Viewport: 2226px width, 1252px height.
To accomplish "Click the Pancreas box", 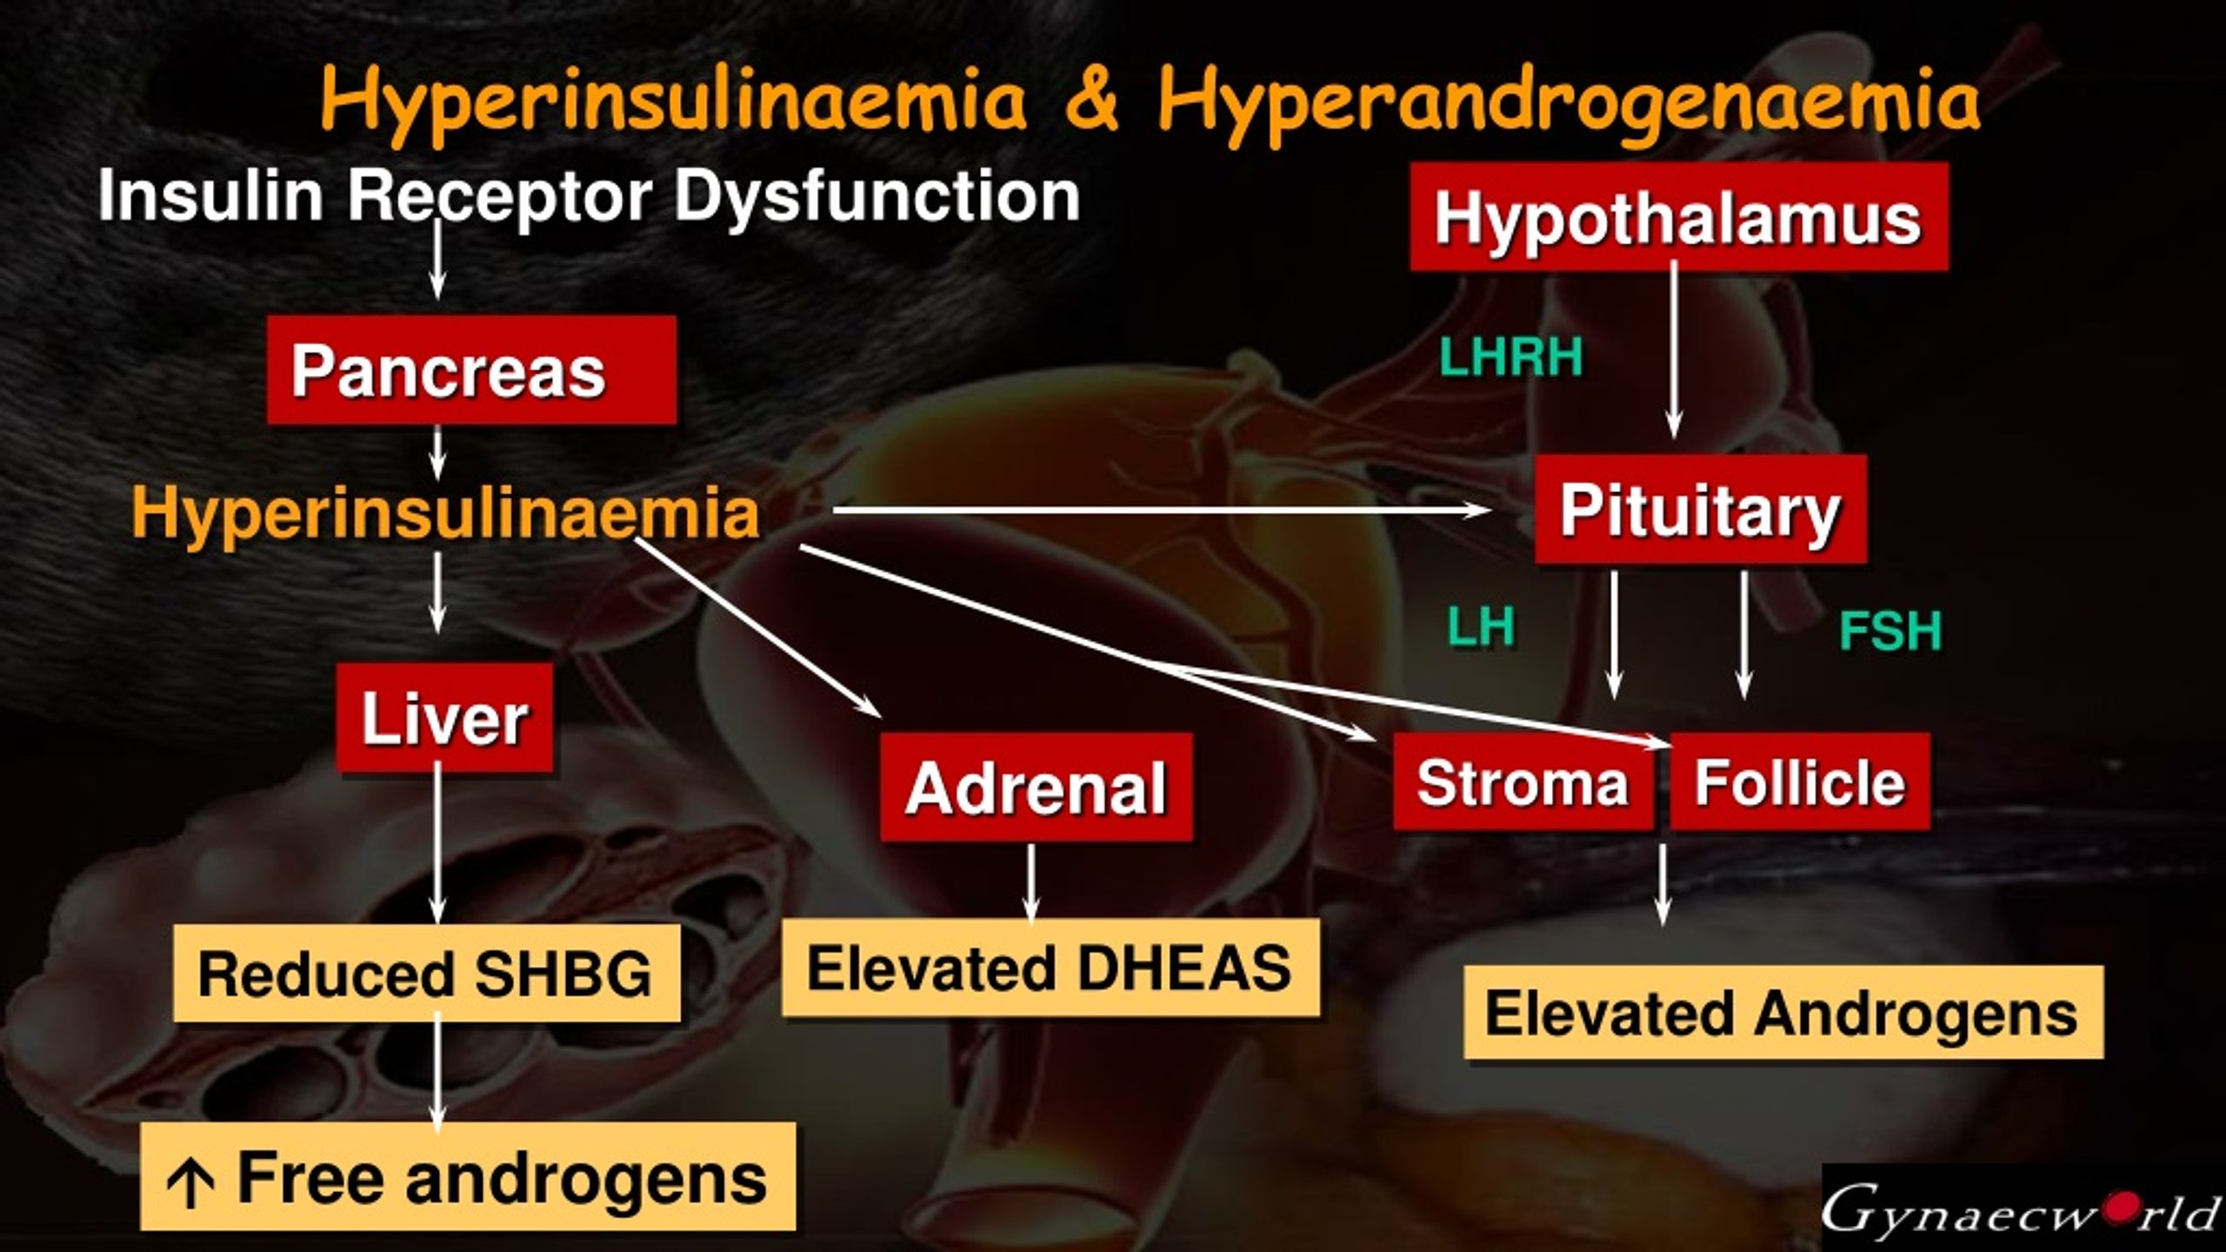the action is (x=471, y=370).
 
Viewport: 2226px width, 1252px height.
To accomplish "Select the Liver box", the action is (x=444, y=717).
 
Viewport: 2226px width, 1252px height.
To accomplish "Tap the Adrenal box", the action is (x=1036, y=787).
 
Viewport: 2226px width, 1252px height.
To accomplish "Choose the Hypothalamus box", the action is (x=1679, y=216).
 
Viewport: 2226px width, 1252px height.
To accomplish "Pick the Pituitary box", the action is (x=1701, y=509).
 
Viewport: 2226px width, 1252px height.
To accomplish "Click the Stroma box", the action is (x=1523, y=781).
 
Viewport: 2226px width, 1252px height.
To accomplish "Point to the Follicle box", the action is (x=1800, y=781).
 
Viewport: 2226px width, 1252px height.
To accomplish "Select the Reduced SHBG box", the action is (x=427, y=973).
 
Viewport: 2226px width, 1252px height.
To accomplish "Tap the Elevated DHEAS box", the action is (x=1050, y=968).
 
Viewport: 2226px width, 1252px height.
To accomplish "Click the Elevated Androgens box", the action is (x=1783, y=1012).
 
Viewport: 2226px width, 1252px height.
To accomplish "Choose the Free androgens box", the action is (x=468, y=1176).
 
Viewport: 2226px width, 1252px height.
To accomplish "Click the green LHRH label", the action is (x=1511, y=357).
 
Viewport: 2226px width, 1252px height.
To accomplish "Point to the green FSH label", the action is (x=1890, y=631).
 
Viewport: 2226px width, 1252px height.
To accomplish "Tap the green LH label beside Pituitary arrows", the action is (x=1481, y=626).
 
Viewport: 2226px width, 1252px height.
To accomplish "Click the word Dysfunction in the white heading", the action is (x=877, y=196).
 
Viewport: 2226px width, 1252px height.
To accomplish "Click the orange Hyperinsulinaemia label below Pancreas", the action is (x=445, y=513).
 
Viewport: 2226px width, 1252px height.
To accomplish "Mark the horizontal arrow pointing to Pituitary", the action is (x=1162, y=510).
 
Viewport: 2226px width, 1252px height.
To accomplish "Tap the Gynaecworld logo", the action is (x=2023, y=1208).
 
